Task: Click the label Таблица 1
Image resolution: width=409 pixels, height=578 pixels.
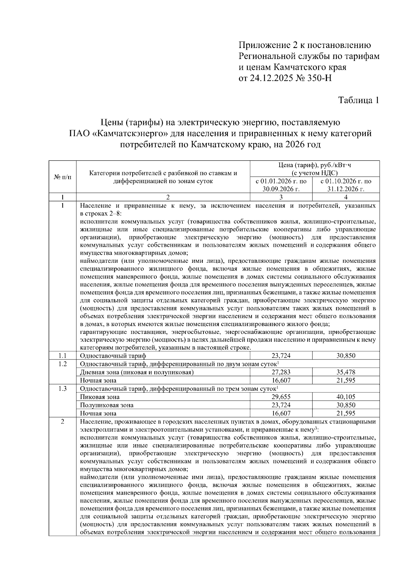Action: (358, 100)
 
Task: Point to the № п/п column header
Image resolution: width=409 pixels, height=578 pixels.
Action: (63, 177)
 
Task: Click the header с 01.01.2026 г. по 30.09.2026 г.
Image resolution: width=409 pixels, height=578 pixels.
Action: (281, 185)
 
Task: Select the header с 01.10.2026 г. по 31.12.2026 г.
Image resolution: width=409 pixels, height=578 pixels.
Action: (346, 185)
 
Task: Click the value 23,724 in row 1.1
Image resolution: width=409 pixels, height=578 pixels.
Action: (281, 356)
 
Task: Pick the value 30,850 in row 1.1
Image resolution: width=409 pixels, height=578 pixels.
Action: (346, 356)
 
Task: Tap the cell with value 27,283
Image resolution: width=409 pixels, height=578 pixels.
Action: (281, 372)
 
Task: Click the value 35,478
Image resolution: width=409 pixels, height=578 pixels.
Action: (346, 372)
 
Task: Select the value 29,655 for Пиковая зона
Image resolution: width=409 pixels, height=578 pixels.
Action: (281, 397)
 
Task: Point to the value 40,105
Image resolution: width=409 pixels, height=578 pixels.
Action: (346, 397)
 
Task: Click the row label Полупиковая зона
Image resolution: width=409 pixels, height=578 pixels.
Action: (107, 405)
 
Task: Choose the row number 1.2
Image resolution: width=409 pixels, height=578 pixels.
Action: (62, 364)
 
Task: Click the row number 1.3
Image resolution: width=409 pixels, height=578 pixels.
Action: (62, 389)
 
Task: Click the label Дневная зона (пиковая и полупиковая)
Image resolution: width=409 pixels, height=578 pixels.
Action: (137, 372)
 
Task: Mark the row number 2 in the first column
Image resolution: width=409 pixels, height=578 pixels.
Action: (62, 422)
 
